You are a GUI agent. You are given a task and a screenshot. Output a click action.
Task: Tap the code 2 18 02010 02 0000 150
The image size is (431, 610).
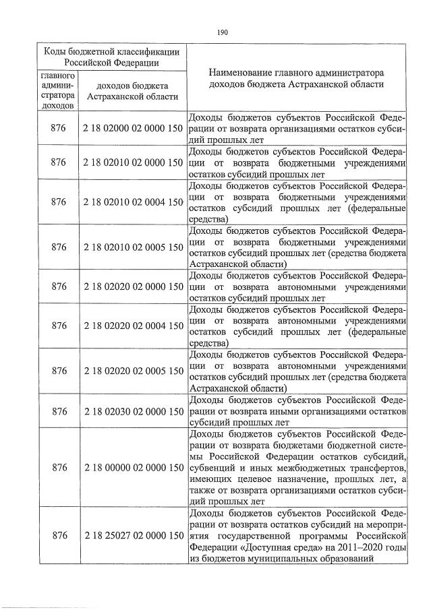click(134, 163)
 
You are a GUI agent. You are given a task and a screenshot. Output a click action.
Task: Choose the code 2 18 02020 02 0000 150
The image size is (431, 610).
click(134, 286)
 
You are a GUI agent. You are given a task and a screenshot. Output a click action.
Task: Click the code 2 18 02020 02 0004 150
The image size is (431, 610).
click(134, 326)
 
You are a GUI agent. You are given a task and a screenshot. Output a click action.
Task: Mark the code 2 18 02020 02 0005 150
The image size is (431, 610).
click(134, 371)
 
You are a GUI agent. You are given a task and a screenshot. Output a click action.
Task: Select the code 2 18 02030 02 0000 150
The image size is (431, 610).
click(134, 410)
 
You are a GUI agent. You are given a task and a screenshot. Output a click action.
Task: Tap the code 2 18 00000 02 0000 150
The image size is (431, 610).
click(134, 467)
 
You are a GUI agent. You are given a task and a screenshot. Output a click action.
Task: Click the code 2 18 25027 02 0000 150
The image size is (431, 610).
click(134, 535)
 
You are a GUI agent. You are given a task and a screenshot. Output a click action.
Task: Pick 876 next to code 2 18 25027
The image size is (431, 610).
click(59, 535)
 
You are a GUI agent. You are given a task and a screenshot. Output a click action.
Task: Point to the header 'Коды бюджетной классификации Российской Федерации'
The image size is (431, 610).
click(111, 57)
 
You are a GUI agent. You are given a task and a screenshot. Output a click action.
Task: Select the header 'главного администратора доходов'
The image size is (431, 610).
click(59, 91)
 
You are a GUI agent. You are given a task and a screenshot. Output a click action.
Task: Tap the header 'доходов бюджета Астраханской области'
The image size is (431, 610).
click(133, 91)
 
